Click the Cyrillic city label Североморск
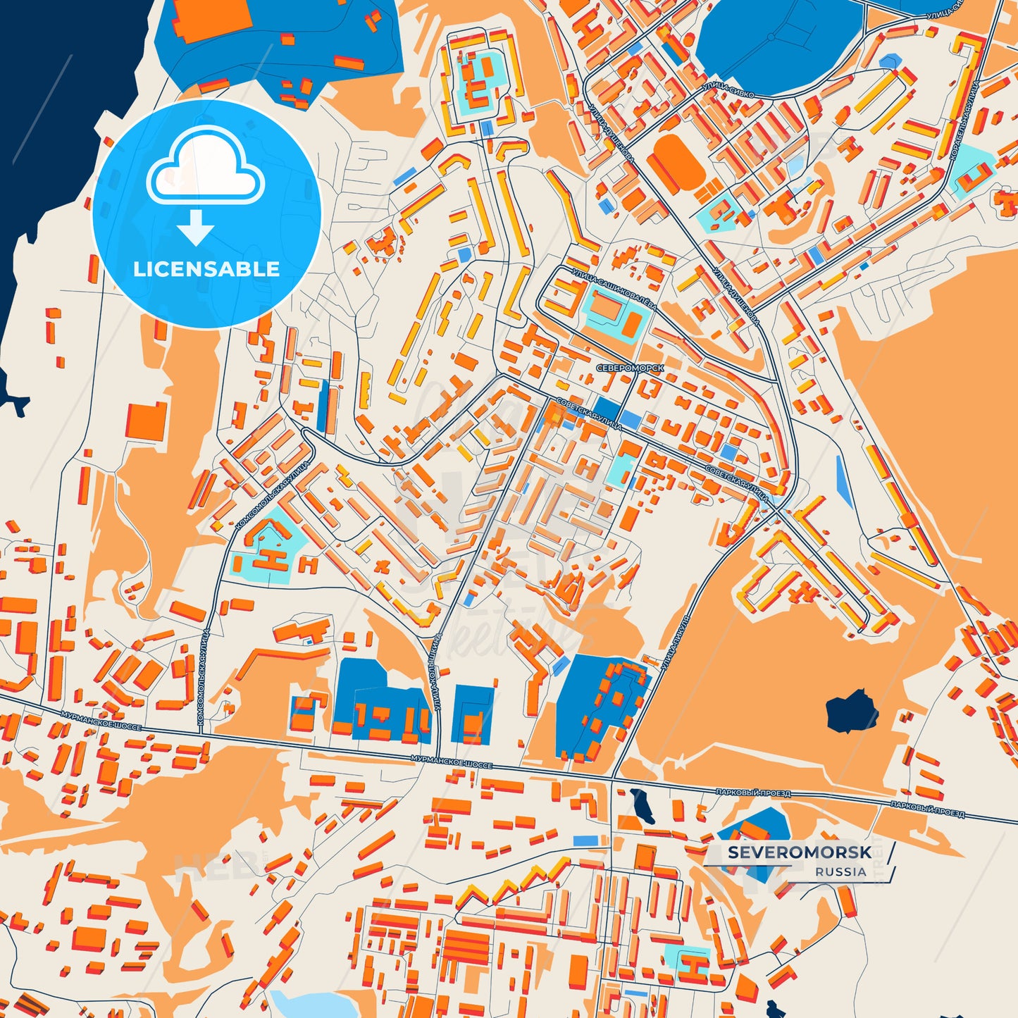[629, 368]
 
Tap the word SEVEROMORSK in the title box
[799, 852]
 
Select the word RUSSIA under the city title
[840, 871]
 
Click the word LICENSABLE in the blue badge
[206, 269]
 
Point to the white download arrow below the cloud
[196, 227]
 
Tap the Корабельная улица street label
[964, 120]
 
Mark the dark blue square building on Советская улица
[607, 409]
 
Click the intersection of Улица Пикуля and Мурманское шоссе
[612, 778]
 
